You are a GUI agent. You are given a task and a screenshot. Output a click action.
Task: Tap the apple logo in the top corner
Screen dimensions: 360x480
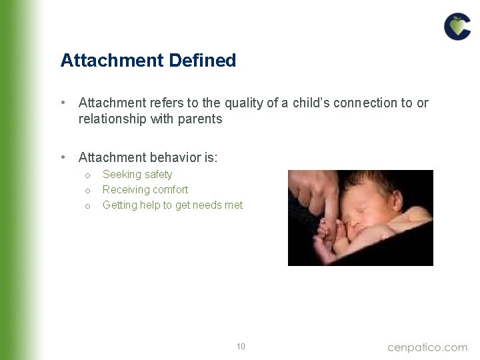pos(457,27)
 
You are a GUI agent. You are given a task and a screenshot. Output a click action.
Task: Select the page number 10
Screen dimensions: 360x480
pos(241,346)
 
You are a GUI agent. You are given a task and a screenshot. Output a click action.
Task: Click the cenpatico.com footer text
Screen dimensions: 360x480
pos(427,347)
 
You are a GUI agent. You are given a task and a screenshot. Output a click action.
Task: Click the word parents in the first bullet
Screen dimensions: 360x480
pos(199,119)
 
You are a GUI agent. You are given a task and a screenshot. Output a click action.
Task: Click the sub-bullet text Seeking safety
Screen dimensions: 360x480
pos(137,175)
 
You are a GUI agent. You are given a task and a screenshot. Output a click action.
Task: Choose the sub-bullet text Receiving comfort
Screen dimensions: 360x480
pos(145,190)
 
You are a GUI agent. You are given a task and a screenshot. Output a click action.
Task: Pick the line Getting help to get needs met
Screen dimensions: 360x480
pos(173,205)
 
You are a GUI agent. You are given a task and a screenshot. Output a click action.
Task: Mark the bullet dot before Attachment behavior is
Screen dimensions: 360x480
pos(63,157)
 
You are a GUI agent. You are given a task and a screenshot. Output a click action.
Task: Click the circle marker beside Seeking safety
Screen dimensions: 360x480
pos(87,175)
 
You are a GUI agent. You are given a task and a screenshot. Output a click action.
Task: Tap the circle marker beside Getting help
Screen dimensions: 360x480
pos(87,206)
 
